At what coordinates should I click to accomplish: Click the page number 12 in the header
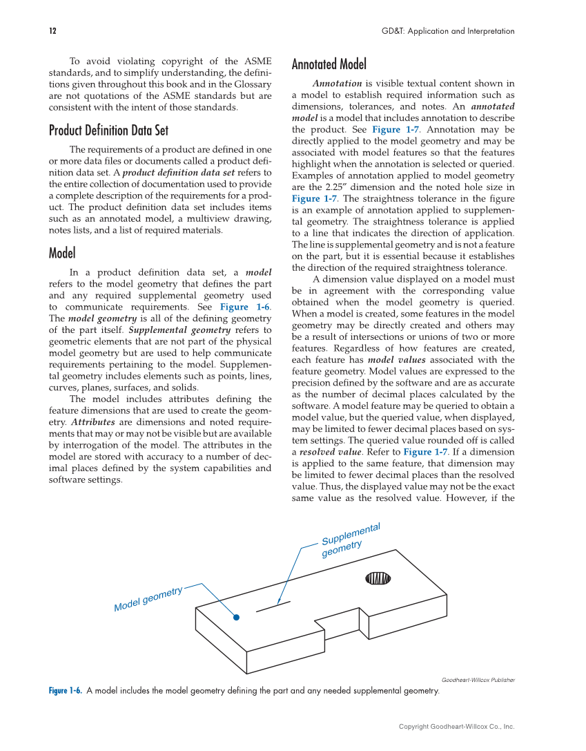click(52, 31)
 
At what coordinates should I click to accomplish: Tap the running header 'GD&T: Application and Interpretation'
click(448, 31)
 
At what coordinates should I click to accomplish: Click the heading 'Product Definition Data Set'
click(108, 131)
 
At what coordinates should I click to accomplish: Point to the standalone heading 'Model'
click(62, 253)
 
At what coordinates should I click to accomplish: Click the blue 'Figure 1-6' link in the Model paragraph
click(245, 307)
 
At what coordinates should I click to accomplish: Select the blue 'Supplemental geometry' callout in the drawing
click(351, 539)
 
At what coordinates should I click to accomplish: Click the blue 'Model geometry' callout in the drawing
click(148, 598)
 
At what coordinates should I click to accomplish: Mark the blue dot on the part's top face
click(236, 617)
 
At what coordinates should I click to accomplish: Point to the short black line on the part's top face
click(273, 606)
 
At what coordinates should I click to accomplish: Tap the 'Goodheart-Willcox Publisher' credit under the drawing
click(478, 680)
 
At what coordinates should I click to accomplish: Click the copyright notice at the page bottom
click(456, 726)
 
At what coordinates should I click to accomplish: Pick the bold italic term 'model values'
click(391, 360)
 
